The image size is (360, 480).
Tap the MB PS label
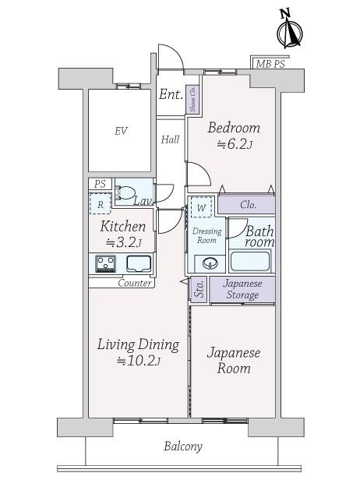click(270, 64)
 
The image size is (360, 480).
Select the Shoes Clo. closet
click(193, 98)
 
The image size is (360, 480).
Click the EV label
click(121, 131)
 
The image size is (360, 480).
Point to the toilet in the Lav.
click(125, 192)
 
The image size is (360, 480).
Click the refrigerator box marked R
click(100, 203)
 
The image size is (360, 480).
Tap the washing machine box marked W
click(201, 207)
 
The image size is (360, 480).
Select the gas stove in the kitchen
click(106, 263)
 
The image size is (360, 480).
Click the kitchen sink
click(139, 263)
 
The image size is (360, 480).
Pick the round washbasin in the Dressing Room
click(210, 263)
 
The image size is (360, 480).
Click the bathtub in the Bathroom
click(250, 261)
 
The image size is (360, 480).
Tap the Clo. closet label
click(248, 204)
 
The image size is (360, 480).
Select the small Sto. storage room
click(199, 289)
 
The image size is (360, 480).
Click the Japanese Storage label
click(242, 289)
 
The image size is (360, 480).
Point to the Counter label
click(135, 283)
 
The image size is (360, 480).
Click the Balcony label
click(183, 446)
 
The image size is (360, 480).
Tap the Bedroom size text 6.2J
click(235, 143)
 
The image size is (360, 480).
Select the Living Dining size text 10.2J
click(139, 361)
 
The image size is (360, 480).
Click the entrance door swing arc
click(176, 55)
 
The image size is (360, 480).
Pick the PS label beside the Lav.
click(100, 184)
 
